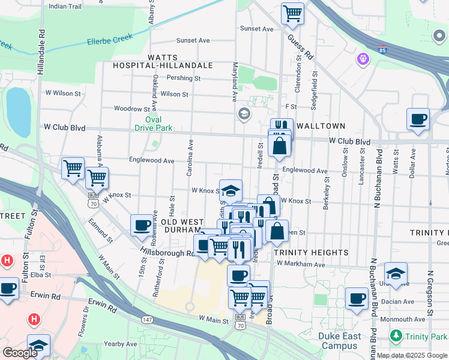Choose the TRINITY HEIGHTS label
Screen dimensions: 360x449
(x=312, y=253)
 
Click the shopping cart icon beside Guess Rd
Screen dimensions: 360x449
(x=292, y=13)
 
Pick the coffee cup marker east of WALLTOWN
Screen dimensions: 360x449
(x=418, y=119)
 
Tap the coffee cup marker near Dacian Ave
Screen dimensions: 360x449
(x=357, y=298)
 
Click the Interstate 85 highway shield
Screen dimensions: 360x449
(x=382, y=52)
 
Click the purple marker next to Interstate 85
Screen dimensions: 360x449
(x=362, y=59)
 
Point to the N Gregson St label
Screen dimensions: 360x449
(x=430, y=294)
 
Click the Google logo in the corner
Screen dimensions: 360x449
(x=20, y=353)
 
